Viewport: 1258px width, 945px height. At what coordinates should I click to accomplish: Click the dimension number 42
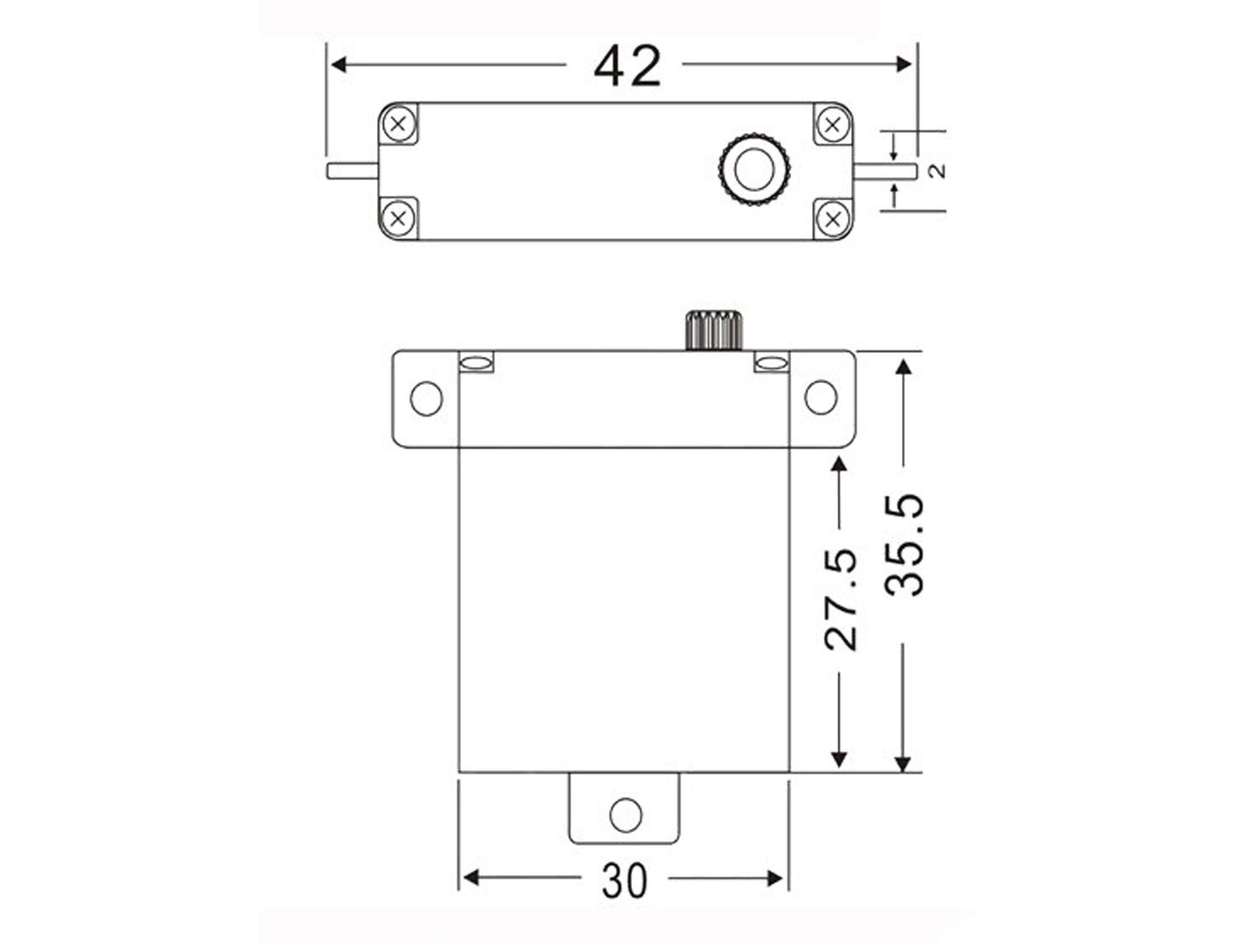pos(627,67)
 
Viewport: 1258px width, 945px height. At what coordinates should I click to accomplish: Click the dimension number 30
pos(624,881)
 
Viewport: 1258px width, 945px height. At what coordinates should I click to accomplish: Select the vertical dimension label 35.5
pos(904,545)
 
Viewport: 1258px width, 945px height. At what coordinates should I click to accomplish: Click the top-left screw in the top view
pos(398,123)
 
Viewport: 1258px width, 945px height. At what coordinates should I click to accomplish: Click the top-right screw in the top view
pos(833,124)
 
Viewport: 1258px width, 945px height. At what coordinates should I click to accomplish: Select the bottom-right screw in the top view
pos(833,219)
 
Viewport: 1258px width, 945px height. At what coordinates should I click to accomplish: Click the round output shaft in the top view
pos(754,169)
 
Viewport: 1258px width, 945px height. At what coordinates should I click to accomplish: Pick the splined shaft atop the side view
pos(714,330)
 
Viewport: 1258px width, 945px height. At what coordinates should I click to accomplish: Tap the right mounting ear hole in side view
pos(821,397)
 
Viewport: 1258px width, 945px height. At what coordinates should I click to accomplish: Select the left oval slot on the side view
pos(476,362)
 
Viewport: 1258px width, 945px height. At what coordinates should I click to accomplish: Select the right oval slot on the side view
pos(772,362)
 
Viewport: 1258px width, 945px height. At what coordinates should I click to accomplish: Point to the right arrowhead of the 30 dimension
pos(775,878)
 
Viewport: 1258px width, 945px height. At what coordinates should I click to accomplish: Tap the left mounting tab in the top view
pos(352,171)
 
